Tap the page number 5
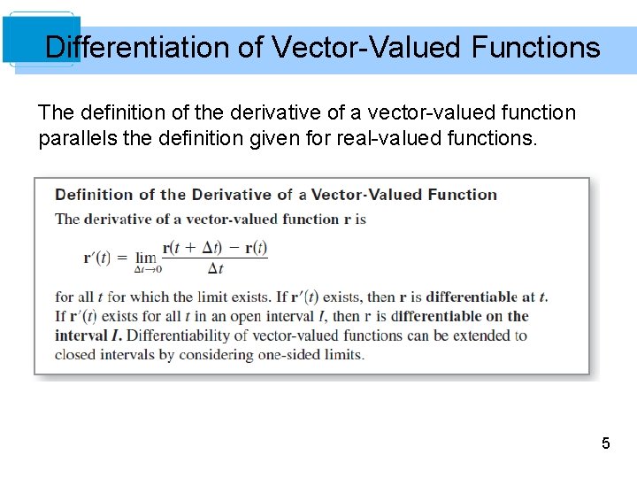(606, 443)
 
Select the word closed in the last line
(75, 355)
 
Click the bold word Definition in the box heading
(92, 195)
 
